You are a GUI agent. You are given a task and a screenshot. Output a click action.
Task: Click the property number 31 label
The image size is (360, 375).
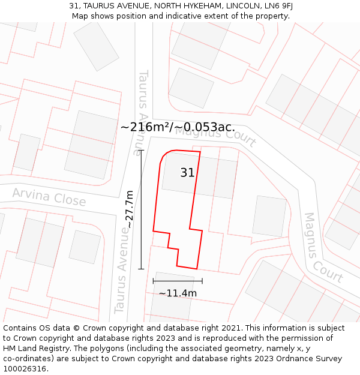point(187,173)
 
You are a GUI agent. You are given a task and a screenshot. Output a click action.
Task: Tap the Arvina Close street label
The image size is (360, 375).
point(49,197)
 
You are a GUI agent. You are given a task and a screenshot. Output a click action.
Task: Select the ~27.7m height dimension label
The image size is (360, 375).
point(129,209)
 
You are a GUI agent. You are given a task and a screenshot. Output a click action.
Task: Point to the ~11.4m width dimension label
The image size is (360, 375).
point(178,293)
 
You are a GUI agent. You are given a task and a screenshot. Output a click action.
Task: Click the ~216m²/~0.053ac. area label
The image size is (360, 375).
point(178,127)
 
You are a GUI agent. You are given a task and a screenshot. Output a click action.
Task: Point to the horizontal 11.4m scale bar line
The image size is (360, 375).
point(178,281)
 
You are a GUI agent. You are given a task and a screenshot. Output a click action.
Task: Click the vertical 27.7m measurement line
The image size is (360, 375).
point(142,209)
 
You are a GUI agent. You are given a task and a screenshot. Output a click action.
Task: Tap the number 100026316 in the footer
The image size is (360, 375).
point(25,368)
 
